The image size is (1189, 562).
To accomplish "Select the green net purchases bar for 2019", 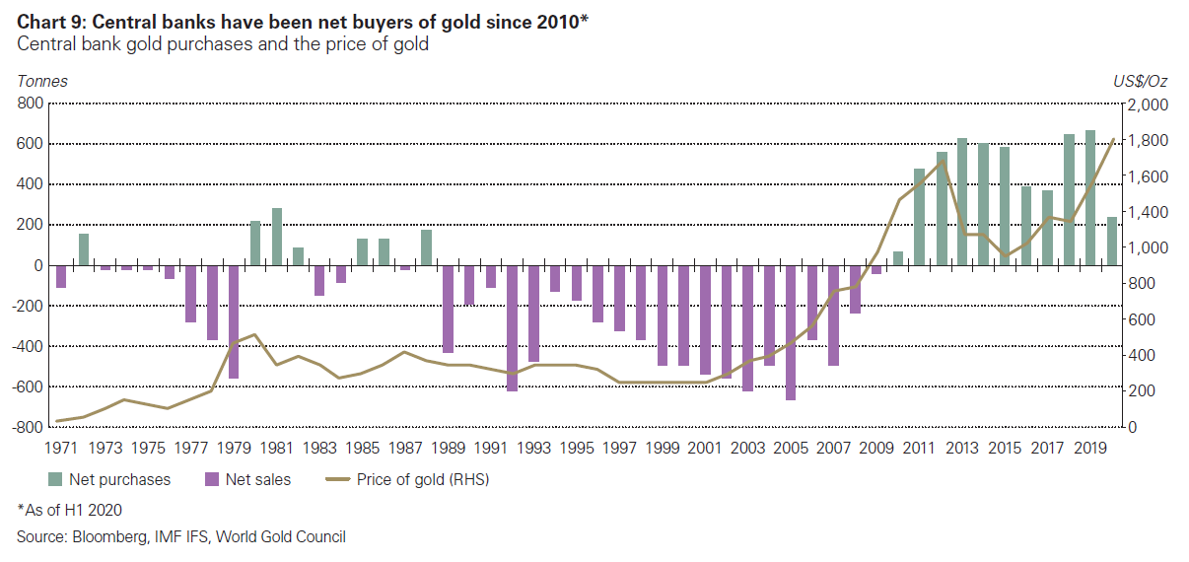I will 1090,197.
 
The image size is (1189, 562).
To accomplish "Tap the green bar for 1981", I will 277,237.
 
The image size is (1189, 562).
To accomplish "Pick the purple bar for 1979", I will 234,321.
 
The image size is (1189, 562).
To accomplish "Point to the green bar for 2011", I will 919,217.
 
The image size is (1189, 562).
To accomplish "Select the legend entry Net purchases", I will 109,480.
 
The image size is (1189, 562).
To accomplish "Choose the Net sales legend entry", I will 250,480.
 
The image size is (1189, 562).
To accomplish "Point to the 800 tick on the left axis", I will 31,103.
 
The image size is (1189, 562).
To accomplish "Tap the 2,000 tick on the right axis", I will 1149,105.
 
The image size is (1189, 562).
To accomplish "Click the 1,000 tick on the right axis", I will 1149,248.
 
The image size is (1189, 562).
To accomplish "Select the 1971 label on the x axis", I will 62,448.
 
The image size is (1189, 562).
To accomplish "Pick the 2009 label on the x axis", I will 875,448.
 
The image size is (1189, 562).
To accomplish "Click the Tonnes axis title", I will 41,82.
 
